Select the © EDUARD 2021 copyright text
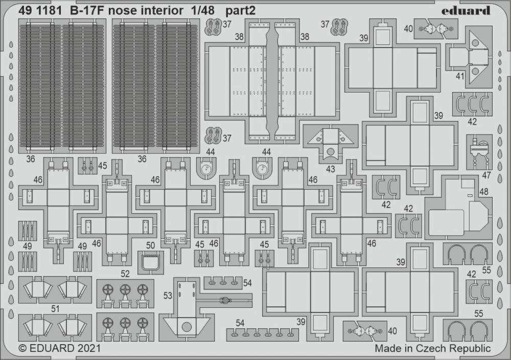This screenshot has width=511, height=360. click(x=60, y=348)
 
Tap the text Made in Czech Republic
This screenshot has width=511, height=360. click(x=432, y=348)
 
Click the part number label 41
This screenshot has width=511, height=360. click(x=460, y=77)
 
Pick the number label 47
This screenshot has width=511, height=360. click(x=486, y=175)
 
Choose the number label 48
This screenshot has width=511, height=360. click(x=483, y=192)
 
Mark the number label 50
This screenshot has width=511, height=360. click(x=150, y=245)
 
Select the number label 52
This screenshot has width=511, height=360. click(x=125, y=274)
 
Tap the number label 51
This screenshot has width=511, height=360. click(x=55, y=308)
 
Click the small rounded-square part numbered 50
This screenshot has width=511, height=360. click(x=150, y=262)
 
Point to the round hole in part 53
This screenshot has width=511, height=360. click(x=187, y=326)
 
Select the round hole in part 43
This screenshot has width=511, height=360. click(x=331, y=151)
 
